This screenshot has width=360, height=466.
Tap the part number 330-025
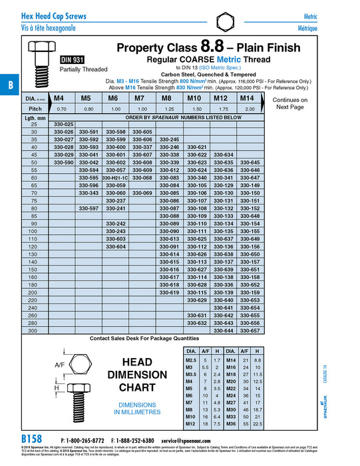tap(63, 124)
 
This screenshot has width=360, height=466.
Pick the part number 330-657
tap(250, 330)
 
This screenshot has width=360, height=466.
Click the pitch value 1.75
tap(223, 109)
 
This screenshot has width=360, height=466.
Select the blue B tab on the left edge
tap(10, 85)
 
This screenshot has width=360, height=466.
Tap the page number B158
tap(31, 440)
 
